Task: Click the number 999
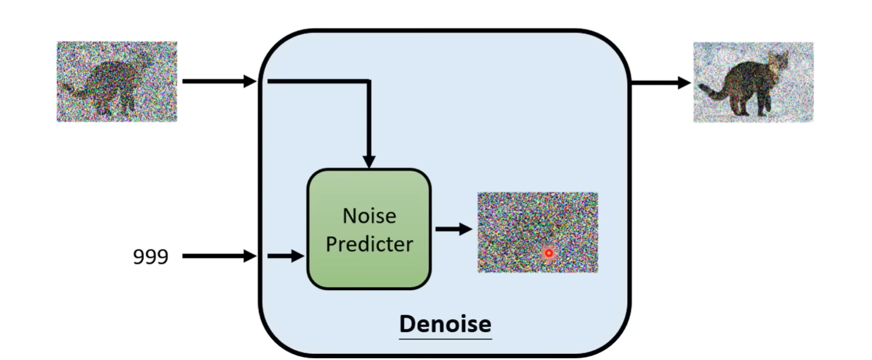(x=151, y=256)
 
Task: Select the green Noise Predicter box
(x=369, y=229)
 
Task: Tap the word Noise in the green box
(x=369, y=216)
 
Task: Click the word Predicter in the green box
(x=369, y=244)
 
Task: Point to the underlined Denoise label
(x=445, y=324)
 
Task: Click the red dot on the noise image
(x=548, y=253)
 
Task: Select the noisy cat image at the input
(x=117, y=82)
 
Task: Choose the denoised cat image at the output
(x=753, y=82)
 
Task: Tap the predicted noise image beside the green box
(x=537, y=232)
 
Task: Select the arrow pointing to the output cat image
(x=660, y=82)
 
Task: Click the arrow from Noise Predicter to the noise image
(x=453, y=229)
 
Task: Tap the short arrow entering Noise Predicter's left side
(x=286, y=256)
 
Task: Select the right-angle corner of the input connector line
(x=369, y=81)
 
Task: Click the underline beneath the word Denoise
(x=445, y=338)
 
